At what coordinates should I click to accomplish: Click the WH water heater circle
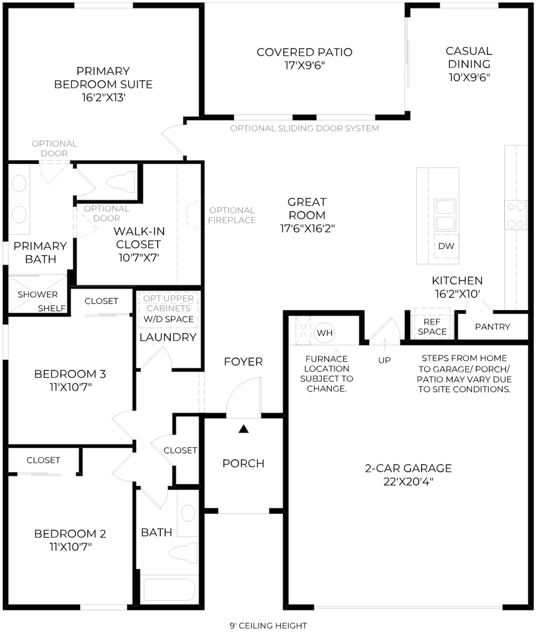[325, 333]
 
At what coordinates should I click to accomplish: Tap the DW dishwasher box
[446, 246]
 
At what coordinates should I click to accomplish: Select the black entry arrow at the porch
[244, 429]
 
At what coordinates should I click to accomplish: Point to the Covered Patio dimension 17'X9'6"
[305, 65]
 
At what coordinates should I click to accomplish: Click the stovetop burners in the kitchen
[516, 215]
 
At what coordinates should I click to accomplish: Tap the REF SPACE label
[432, 327]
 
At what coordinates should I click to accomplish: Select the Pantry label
[492, 327]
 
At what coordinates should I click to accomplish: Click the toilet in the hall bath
[184, 553]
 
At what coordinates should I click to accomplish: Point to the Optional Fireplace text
[232, 215]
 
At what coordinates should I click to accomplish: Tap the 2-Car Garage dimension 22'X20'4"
[408, 482]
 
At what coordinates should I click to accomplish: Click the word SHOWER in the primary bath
[38, 294]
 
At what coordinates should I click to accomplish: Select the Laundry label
[168, 337]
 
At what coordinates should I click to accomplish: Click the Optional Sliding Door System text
[305, 128]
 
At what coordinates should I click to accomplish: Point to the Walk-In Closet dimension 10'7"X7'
[139, 258]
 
